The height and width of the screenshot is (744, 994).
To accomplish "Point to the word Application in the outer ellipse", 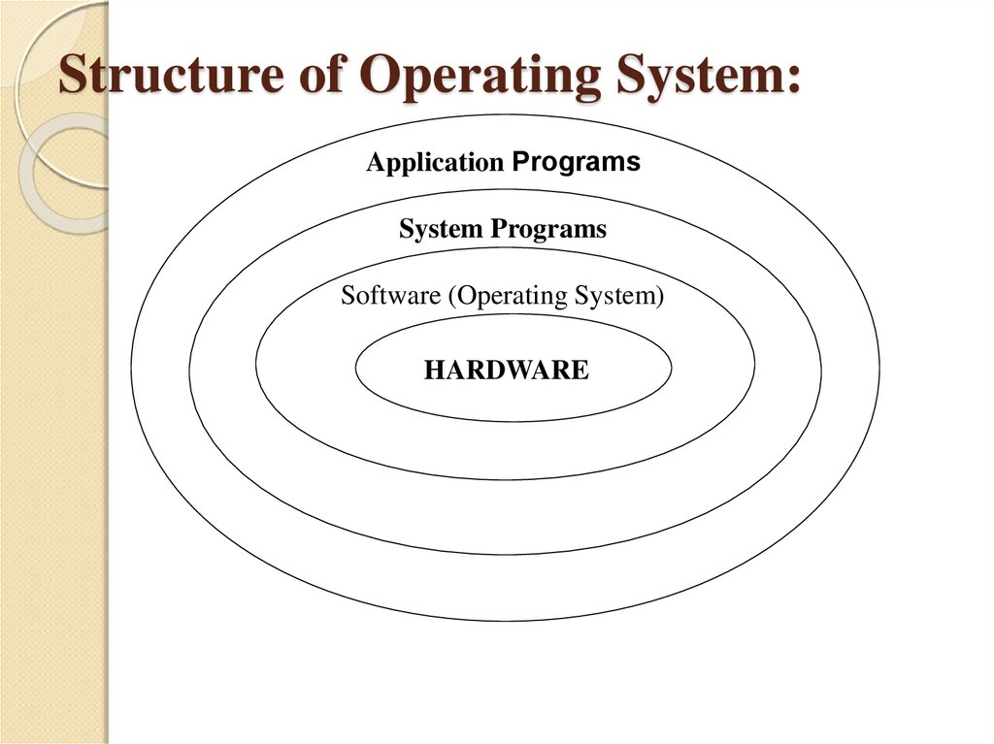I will (434, 164).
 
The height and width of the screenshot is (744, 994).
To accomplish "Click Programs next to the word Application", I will (576, 162).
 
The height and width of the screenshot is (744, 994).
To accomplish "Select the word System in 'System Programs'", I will (440, 230).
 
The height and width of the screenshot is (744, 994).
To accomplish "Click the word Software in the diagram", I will (390, 296).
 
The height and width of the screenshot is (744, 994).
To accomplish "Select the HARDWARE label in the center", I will (506, 370).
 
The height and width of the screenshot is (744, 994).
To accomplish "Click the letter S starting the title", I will (72, 76).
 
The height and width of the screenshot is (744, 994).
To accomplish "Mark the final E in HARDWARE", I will (580, 370).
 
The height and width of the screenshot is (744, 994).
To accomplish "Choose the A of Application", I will (374, 164).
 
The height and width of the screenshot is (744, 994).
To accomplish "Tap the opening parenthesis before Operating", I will (450, 297).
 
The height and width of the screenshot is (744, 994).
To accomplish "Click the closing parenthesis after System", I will (660, 297).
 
